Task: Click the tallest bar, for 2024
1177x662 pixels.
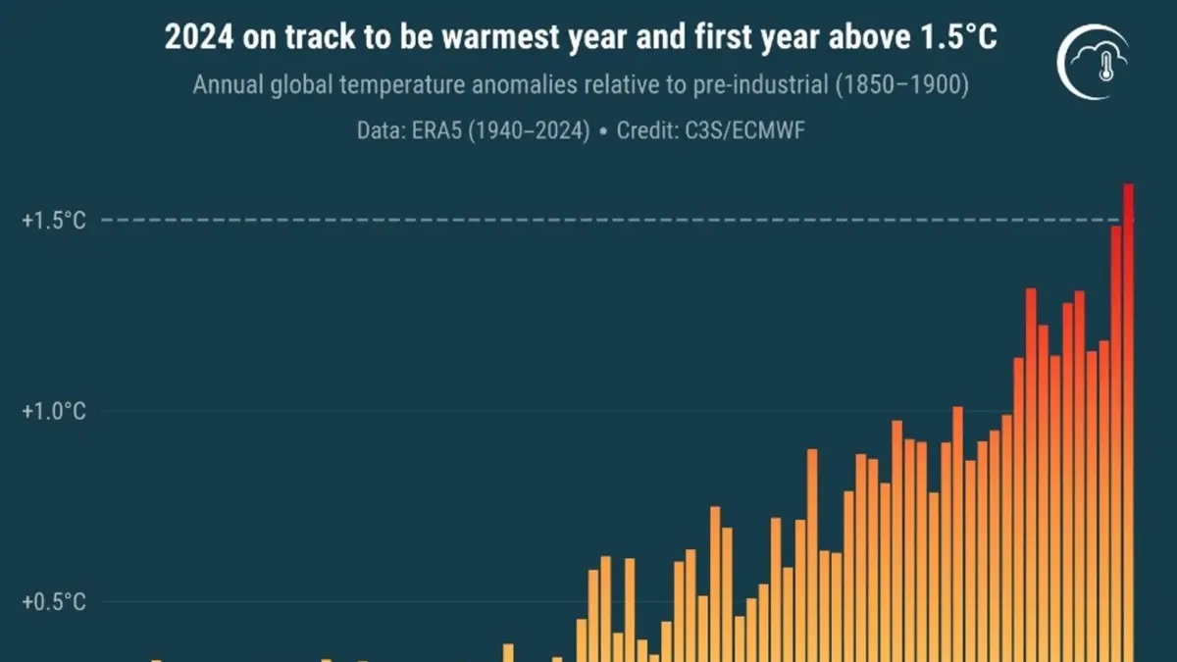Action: tap(1128, 422)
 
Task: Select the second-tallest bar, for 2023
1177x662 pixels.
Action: tap(1115, 441)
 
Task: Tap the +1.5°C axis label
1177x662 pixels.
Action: tap(54, 221)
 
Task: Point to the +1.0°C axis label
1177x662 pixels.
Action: tap(54, 411)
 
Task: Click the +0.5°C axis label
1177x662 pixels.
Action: tap(54, 601)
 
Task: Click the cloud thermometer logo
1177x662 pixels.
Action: tap(1091, 60)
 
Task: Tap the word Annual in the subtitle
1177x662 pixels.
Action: tap(225, 85)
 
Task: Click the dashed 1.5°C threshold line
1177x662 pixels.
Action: tap(588, 220)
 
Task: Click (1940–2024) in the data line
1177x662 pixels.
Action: tap(530, 130)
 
